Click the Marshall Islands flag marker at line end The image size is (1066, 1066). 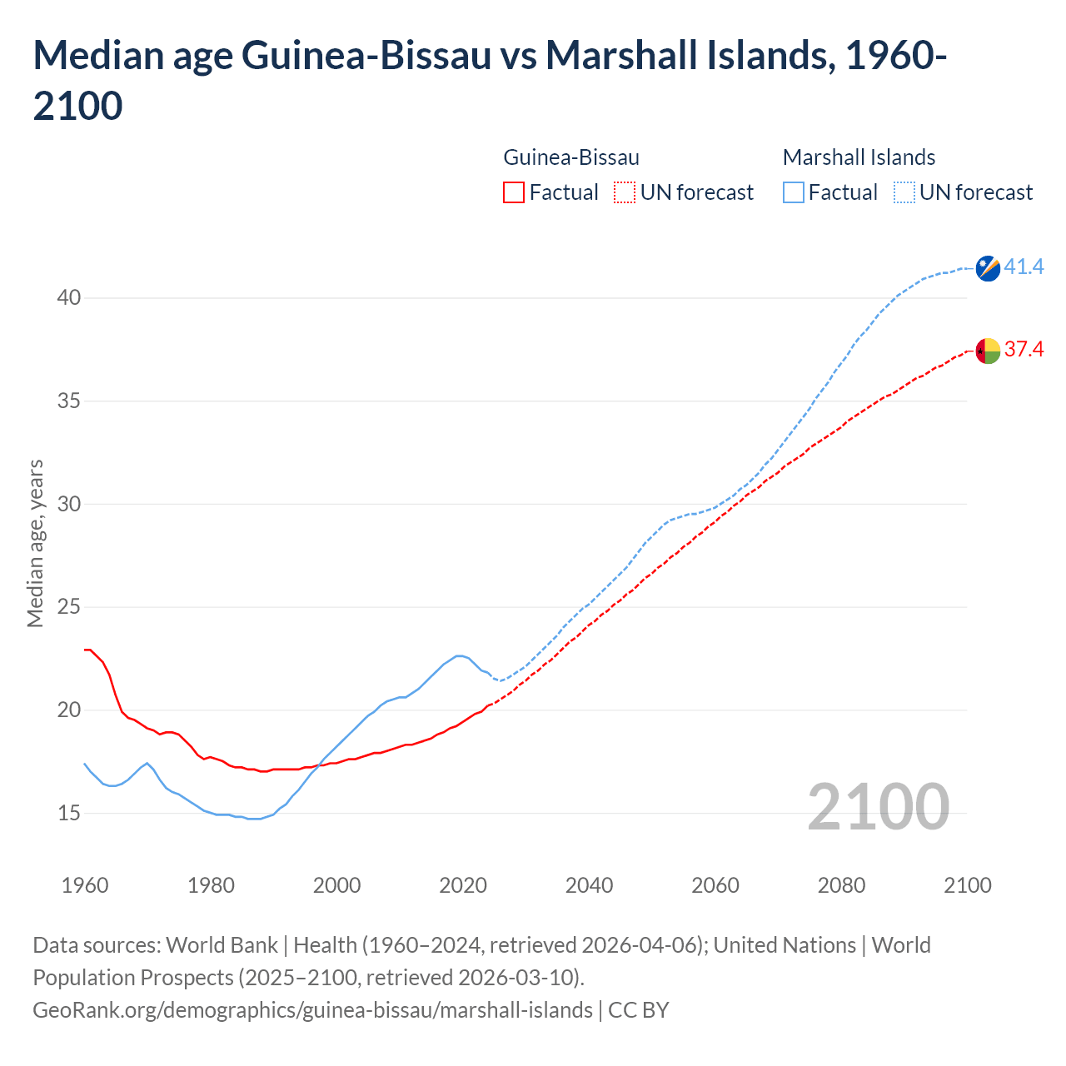tap(988, 268)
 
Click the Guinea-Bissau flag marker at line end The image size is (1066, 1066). tap(988, 351)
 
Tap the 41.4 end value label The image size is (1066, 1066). tap(1024, 267)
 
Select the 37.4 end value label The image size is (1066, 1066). tap(1024, 349)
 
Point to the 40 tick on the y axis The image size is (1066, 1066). tap(69, 298)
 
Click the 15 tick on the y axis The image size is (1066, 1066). tap(69, 813)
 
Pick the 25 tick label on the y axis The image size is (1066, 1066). tap(69, 607)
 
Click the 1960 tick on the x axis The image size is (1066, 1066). tap(85, 885)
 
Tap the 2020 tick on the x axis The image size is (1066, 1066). tap(463, 885)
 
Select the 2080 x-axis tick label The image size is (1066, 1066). tap(841, 885)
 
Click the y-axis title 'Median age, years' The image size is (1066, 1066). tap(35, 543)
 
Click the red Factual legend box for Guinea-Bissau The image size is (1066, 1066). tap(514, 192)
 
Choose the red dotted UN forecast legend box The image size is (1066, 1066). tap(625, 192)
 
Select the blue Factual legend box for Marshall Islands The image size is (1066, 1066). tap(794, 192)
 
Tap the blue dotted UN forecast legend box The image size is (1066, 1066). tap(904, 192)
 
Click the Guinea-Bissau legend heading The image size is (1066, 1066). tap(571, 157)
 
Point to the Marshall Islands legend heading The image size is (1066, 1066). tap(859, 157)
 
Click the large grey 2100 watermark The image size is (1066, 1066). tap(878, 807)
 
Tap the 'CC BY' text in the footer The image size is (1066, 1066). tap(639, 1010)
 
